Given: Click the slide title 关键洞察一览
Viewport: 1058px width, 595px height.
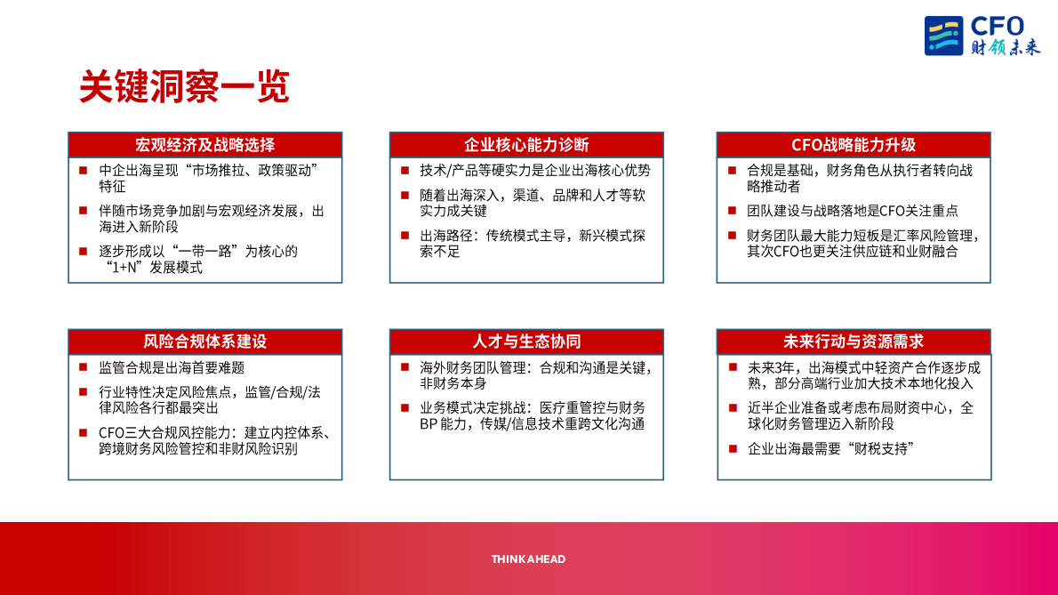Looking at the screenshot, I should click(x=184, y=87).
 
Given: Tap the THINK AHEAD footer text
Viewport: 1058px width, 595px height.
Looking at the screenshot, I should click(x=528, y=559).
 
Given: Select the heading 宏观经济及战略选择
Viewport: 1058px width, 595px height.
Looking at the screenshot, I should click(x=204, y=145).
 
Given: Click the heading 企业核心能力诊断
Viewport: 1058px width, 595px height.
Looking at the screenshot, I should click(x=526, y=145).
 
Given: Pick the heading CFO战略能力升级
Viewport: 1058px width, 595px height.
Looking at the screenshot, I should click(x=854, y=145).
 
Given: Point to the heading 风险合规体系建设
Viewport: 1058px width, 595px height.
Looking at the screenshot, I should click(x=204, y=342).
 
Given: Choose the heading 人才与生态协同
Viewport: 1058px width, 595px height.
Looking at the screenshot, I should click(x=526, y=342).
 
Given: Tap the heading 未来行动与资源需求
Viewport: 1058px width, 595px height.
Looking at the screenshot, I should click(x=854, y=342).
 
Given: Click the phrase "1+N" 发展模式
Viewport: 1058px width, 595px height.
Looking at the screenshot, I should click(x=151, y=268).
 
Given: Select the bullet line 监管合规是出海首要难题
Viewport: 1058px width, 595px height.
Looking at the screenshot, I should click(x=172, y=367).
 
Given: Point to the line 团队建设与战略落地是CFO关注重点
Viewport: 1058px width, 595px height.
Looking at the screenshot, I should click(x=853, y=212).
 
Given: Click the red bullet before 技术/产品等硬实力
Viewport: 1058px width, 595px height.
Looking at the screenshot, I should click(x=405, y=171).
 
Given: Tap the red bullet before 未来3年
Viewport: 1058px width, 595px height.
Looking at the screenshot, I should click(x=733, y=367).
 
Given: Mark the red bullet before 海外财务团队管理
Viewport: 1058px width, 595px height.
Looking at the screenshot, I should click(x=405, y=367).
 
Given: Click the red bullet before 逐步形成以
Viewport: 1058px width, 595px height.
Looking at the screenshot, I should click(x=83, y=252).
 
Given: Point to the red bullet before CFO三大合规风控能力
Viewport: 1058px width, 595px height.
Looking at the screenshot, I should click(x=83, y=433).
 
